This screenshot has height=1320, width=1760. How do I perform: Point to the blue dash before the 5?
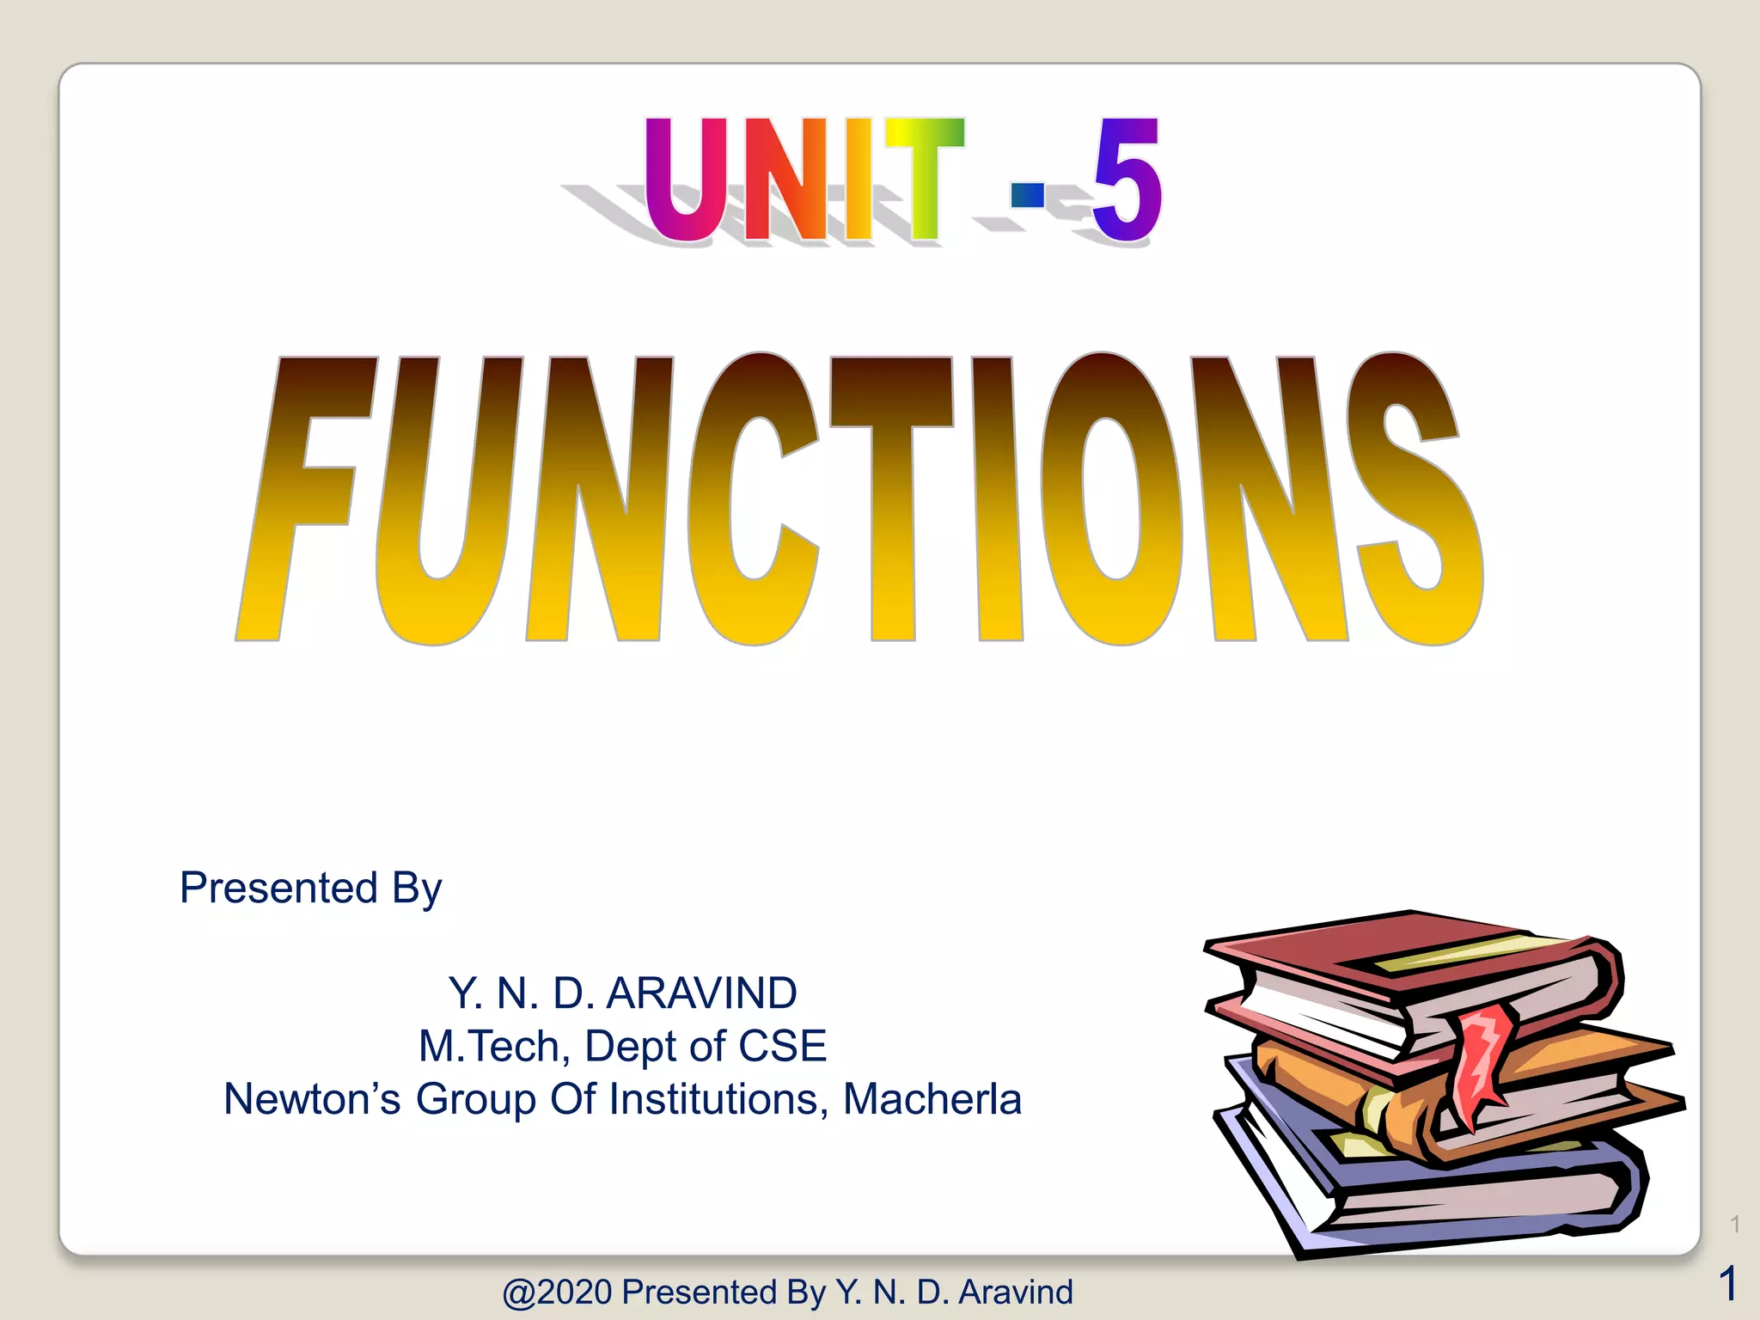click(1028, 195)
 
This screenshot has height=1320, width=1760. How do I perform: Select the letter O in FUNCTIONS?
click(1110, 498)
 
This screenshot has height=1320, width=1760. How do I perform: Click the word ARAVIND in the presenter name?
click(701, 993)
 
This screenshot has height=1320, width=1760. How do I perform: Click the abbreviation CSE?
click(782, 1047)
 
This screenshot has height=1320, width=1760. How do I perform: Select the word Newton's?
click(311, 1099)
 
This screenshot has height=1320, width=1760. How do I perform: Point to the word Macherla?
click(932, 1099)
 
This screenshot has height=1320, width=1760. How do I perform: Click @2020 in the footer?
click(557, 1292)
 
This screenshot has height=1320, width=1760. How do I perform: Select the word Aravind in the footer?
click(1016, 1292)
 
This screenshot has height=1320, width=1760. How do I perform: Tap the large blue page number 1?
click(1728, 1284)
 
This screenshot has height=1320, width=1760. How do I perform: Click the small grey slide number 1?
click(1735, 1224)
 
